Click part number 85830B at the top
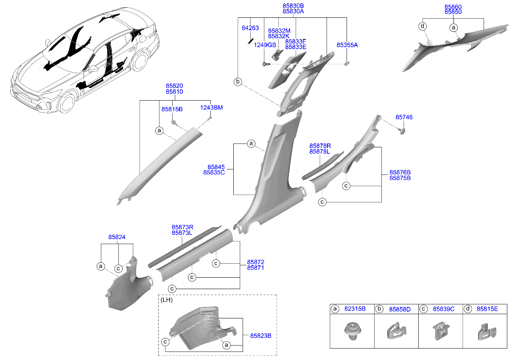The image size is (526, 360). (x=293, y=6)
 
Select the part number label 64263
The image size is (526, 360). (x=250, y=28)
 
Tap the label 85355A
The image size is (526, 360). (x=347, y=45)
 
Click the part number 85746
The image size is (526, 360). (x=404, y=117)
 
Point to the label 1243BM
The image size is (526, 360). (x=211, y=108)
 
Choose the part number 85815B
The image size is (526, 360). (x=172, y=109)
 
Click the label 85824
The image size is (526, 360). (x=117, y=237)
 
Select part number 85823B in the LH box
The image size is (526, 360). (x=260, y=336)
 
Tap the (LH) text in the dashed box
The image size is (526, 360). (x=166, y=300)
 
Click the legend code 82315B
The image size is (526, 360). (x=355, y=309)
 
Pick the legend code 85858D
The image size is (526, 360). (x=400, y=309)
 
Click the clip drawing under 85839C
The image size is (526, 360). (x=441, y=330)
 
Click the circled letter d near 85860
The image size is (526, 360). (x=422, y=26)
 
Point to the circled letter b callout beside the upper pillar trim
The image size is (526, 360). (x=238, y=82)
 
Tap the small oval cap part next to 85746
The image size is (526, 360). (x=402, y=131)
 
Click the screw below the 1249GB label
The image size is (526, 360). (x=266, y=64)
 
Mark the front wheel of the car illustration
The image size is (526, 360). (x=67, y=104)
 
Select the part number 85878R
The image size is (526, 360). (x=320, y=146)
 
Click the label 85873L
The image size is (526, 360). (x=182, y=233)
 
